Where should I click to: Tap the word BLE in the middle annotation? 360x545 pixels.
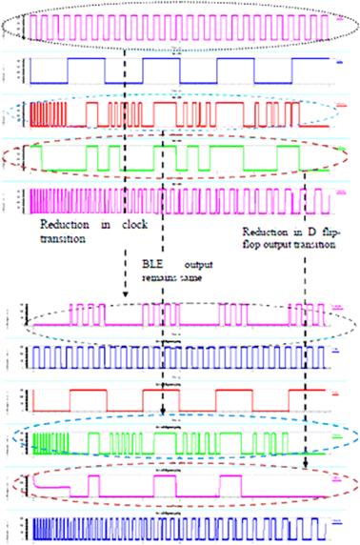144,260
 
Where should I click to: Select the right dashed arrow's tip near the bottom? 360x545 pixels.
305,466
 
